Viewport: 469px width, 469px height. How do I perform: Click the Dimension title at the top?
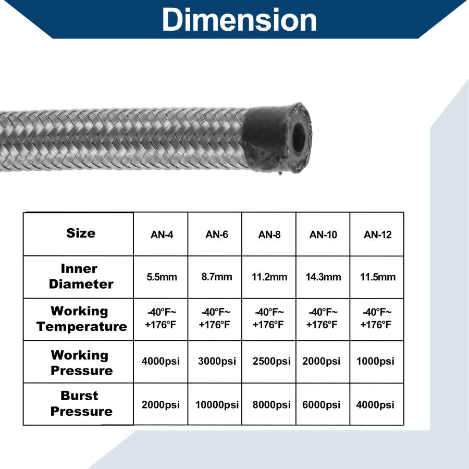[x=239, y=20]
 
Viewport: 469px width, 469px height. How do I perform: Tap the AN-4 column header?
[x=162, y=234]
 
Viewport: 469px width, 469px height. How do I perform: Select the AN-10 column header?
[x=323, y=234]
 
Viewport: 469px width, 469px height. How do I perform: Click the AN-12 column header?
[x=377, y=234]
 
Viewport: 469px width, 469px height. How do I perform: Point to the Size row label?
[x=81, y=233]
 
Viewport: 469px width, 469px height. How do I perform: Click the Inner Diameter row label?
[x=81, y=276]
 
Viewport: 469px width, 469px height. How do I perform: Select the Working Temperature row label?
[x=81, y=319]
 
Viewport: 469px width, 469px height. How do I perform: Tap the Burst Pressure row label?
[x=81, y=403]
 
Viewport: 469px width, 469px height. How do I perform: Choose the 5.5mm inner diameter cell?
[x=162, y=277]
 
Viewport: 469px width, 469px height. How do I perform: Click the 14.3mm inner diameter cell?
[x=323, y=277]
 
